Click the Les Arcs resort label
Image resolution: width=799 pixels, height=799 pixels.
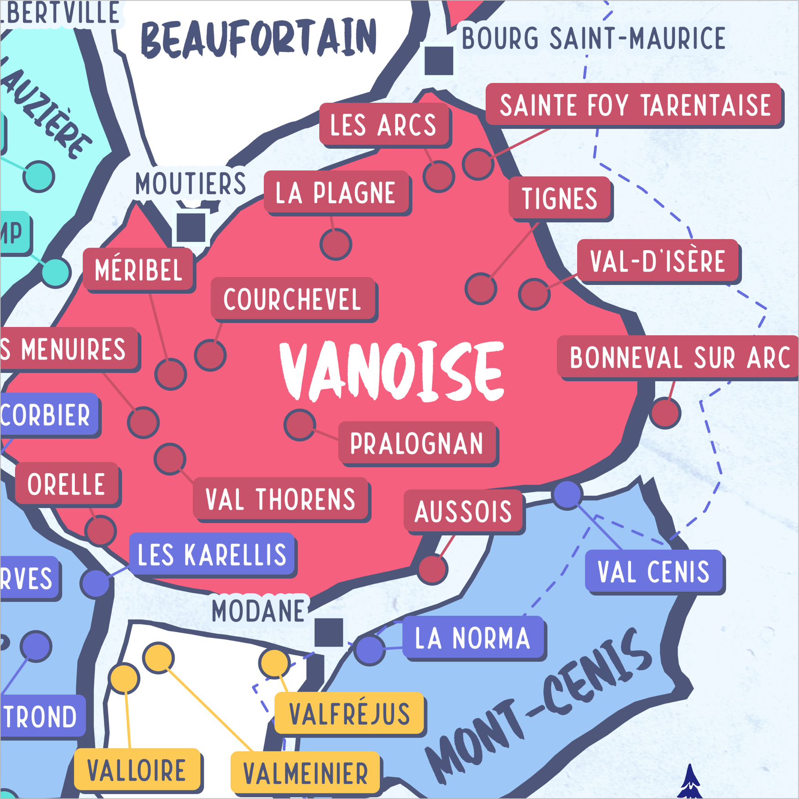click(384, 125)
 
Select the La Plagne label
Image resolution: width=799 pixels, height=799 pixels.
click(336, 193)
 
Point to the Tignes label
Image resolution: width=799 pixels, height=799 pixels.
click(560, 199)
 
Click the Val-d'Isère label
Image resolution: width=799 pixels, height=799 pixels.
click(657, 261)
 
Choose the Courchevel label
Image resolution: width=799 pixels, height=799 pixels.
click(293, 300)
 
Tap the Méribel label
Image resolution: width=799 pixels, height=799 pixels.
click(138, 269)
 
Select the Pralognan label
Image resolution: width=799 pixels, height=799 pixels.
click(417, 443)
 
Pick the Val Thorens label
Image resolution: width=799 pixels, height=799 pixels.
click(280, 499)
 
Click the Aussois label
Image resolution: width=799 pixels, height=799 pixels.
click(463, 511)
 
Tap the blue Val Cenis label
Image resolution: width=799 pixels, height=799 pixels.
click(654, 572)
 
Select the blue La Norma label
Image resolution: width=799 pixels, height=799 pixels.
click(473, 638)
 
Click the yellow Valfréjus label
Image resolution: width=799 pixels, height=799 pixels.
click(350, 714)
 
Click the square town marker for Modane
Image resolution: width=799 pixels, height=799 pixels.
click(329, 632)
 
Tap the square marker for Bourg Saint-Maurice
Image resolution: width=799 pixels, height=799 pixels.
click(439, 60)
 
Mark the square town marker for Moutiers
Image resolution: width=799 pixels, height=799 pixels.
click(191, 226)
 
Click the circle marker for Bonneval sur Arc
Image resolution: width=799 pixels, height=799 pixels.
click(665, 413)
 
